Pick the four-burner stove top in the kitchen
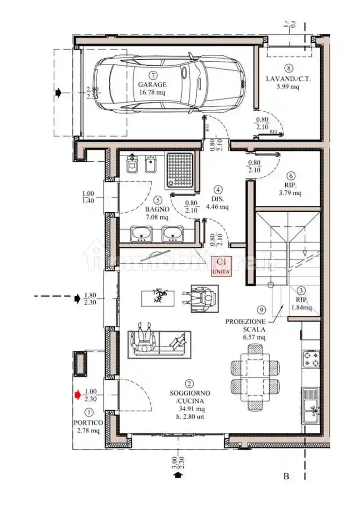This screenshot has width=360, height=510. coord(310,359)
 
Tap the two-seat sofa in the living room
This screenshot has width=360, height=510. coord(159,344)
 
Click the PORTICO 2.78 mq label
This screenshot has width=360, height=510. coord(87,426)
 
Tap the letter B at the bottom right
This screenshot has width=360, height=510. coord(287,476)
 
